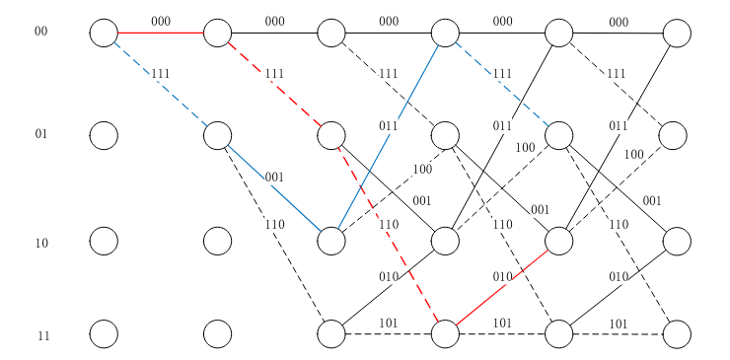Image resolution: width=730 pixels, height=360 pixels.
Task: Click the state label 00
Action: [x=40, y=32]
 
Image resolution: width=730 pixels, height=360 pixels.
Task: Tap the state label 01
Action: [x=40, y=134]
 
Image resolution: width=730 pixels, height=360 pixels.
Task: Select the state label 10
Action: [x=41, y=243]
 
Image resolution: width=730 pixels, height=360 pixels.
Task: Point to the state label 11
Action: [x=43, y=336]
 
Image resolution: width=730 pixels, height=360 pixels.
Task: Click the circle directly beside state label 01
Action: [x=104, y=135]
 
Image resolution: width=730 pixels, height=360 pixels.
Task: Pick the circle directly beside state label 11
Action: [x=104, y=334]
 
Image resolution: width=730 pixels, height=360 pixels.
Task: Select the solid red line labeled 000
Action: [x=160, y=33]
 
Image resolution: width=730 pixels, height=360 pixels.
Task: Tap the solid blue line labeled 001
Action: [x=274, y=188]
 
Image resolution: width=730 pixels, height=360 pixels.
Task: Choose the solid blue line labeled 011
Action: [x=388, y=136]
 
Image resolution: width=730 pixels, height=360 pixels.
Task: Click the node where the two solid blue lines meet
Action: [x=331, y=240]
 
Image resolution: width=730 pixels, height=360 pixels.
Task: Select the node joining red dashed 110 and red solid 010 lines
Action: [x=445, y=334]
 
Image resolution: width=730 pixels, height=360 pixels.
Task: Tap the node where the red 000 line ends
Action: [x=217, y=33]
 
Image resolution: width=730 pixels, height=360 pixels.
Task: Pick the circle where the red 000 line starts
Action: [x=104, y=33]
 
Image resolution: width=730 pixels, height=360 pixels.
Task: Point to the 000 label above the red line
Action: [x=161, y=21]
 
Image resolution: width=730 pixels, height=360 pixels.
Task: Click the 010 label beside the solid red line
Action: [x=502, y=276]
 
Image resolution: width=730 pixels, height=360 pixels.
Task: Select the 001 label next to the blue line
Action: [x=274, y=178]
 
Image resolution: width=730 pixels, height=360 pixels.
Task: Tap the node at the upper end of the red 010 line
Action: [x=559, y=240]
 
